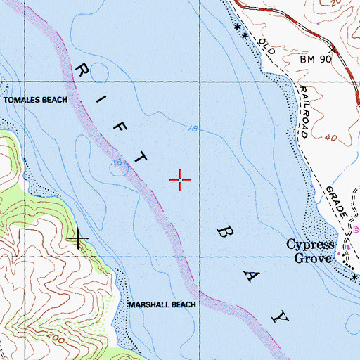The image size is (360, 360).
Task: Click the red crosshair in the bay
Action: tap(181, 181)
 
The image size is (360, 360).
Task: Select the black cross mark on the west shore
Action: tap(77, 239)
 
